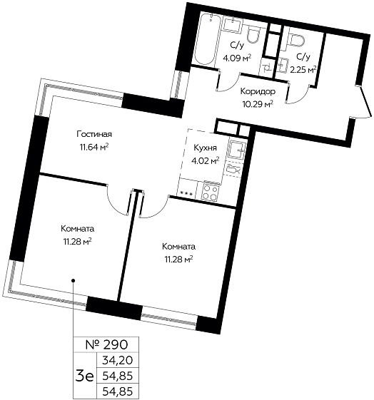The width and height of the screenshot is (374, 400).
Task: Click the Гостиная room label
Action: [94, 134]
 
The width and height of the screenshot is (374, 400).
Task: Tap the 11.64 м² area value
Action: [94, 147]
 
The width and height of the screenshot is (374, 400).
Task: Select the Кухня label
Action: [206, 148]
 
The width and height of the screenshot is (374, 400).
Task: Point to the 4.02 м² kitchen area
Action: [206, 160]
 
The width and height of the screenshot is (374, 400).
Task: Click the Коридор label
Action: [258, 91]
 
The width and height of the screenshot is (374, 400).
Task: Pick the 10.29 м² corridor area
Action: [258, 104]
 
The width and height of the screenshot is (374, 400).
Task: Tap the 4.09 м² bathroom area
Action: [237, 58]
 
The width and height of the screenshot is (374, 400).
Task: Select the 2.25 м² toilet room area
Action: [303, 70]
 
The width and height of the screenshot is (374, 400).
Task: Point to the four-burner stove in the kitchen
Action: [210, 192]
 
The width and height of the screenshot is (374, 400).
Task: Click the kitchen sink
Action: [237, 150]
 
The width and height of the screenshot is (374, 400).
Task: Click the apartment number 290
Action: [106, 345]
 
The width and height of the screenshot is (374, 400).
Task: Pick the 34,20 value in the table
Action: [118, 361]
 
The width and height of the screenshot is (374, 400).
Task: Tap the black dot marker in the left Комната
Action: [73, 281]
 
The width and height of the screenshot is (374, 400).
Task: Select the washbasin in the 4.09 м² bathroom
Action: [232, 24]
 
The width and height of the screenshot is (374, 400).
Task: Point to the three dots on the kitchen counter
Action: [186, 193]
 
